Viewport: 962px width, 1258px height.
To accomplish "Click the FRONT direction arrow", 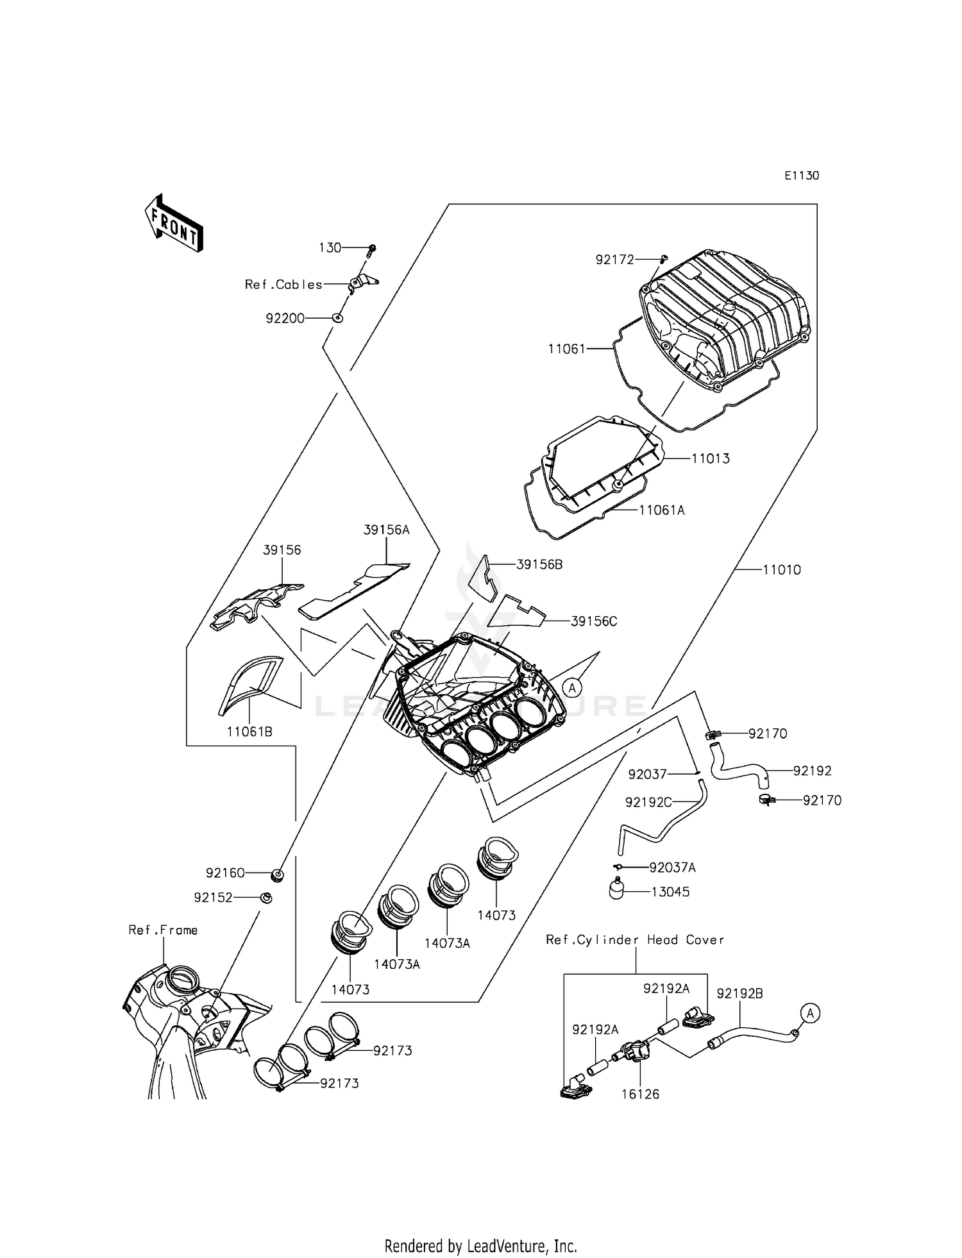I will point(174,223).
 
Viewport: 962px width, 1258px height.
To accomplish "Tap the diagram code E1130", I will point(801,176).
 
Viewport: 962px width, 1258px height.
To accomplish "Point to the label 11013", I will point(710,459).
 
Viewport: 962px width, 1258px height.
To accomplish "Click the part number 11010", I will point(781,570).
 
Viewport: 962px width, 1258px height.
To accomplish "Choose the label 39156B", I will point(539,565).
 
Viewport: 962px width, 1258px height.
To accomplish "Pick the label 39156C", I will point(593,621).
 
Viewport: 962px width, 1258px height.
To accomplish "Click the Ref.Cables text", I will point(283,284).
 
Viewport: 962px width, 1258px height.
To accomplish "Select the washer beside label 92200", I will point(339,318).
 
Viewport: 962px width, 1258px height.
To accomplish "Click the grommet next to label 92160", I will point(277,875).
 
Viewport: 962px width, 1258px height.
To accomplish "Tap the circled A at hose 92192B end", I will point(810,1013).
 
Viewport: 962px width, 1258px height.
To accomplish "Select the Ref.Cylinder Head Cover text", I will point(634,940).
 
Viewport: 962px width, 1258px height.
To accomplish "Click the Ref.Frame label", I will point(163,930).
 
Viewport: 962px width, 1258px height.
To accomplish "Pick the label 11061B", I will point(249,732).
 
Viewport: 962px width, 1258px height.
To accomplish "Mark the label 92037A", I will point(672,868).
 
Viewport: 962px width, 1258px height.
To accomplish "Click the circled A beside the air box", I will point(572,687).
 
